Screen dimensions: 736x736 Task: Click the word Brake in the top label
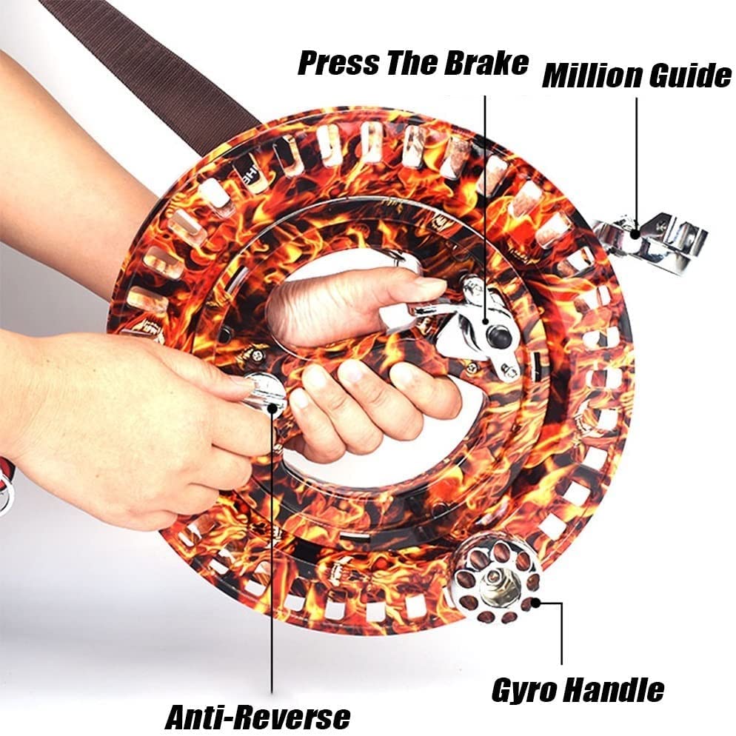484,63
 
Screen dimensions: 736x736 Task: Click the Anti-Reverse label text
257,717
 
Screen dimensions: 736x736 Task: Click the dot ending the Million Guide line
635,233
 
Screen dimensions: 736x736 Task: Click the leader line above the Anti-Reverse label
272,555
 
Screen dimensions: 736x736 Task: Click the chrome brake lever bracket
474,326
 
